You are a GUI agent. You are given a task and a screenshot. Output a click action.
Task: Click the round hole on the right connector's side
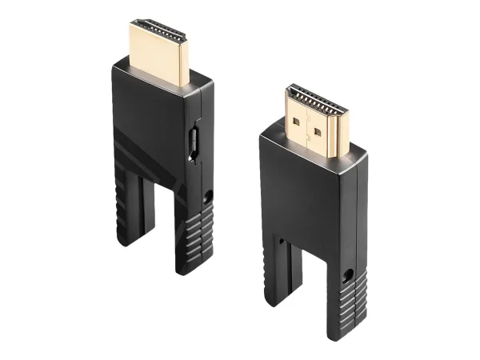point(347,277)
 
